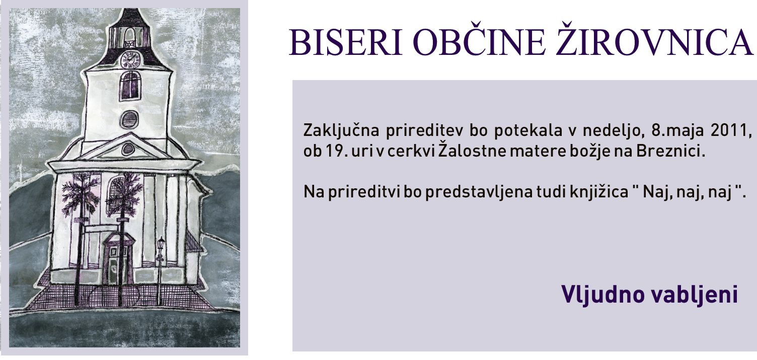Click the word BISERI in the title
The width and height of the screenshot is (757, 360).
click(x=346, y=43)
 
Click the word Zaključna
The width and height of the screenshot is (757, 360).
click(x=341, y=131)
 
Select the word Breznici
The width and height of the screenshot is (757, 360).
click(x=671, y=151)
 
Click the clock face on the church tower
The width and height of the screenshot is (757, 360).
click(x=129, y=60)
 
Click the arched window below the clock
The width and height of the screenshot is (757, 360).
click(x=130, y=86)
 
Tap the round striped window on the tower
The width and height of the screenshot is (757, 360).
click(x=129, y=120)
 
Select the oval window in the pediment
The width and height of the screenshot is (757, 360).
click(x=128, y=149)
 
